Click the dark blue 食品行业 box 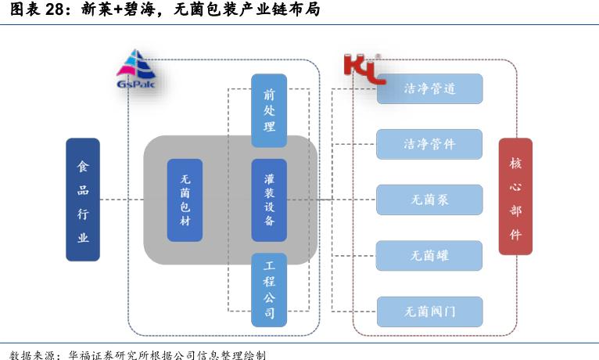pos(83,200)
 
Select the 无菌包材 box pos(185,200)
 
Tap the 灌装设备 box pos(269,200)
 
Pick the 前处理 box pos(269,110)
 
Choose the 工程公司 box pos(269,289)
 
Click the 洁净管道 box pos(429,89)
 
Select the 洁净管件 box pos(429,144)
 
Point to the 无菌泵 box pos(429,200)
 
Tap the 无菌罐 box pos(429,255)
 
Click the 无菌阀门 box pos(429,311)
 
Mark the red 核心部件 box pos(515,196)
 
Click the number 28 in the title pos(56,11)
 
